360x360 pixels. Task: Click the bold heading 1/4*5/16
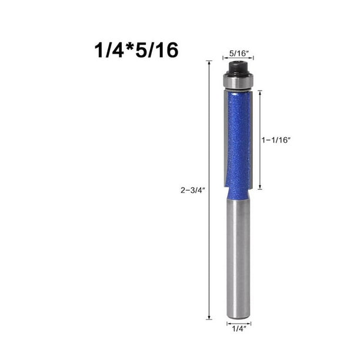tap(136, 50)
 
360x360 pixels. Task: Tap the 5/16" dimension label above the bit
tap(239, 54)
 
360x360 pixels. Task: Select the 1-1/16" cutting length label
tap(276, 140)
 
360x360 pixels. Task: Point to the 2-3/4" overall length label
tap(192, 190)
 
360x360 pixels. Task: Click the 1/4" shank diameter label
tap(239, 329)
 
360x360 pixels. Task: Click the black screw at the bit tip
tap(238, 68)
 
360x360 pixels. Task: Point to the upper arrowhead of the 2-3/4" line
tap(209, 63)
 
